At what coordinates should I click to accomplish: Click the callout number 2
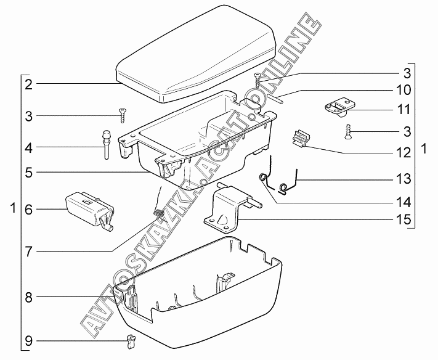coord(29,84)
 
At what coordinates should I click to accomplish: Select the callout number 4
coord(29,148)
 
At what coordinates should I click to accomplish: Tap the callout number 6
coord(29,210)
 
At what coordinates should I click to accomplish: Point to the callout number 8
coord(29,297)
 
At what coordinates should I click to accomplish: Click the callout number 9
coord(29,340)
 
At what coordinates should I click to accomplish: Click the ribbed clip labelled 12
coord(299,139)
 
